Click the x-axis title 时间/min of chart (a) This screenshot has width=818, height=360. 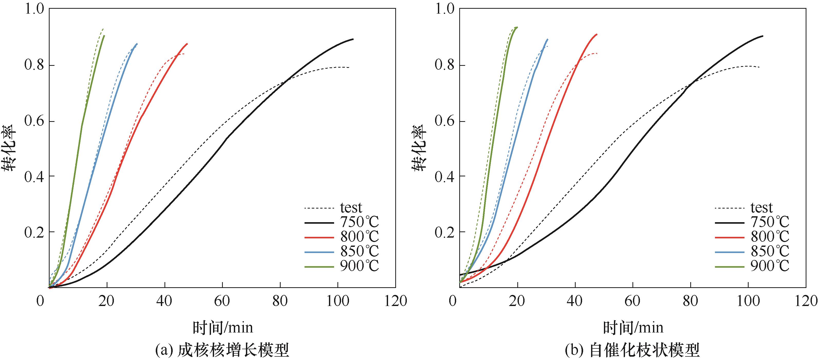223,327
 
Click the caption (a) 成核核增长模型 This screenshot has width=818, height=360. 222,350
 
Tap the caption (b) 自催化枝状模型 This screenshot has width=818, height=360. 632,350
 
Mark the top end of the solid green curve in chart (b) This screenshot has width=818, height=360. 517,27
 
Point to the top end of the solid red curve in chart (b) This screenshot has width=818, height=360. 597,34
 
